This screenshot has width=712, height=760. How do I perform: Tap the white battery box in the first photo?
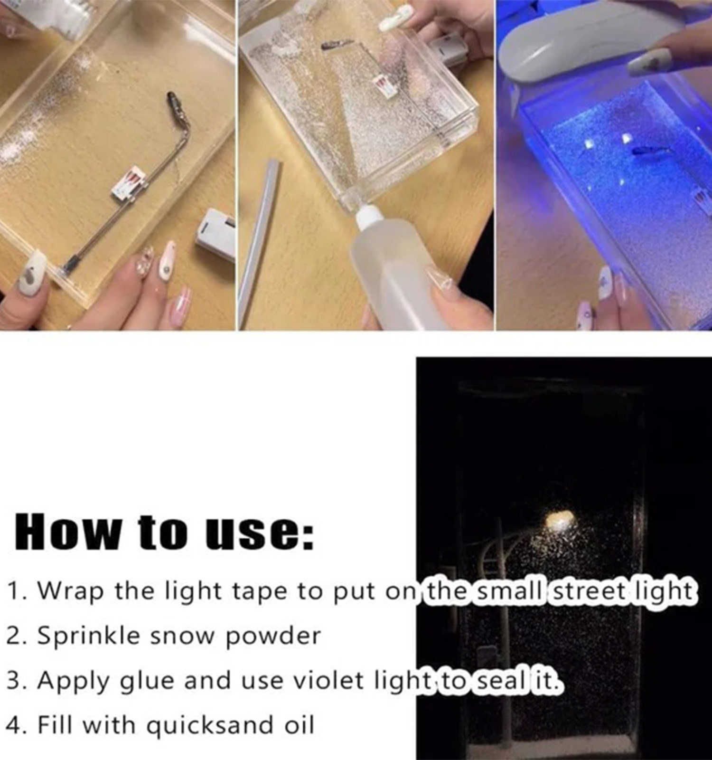(215, 235)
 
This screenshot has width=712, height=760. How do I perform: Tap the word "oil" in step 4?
(300, 725)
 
